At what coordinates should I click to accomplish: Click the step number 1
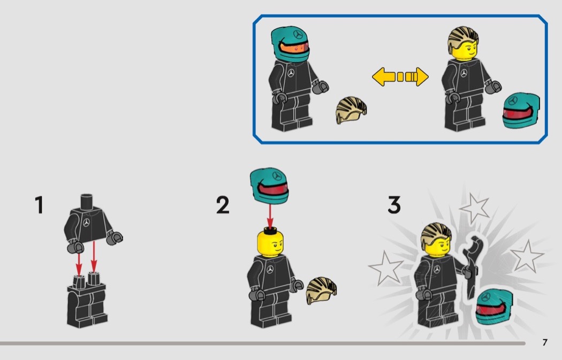tap(40, 205)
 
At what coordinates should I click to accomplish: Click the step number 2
tap(223, 205)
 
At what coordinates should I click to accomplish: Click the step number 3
tap(394, 205)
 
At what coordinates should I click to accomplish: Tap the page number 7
tap(545, 342)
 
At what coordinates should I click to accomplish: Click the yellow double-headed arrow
tap(400, 76)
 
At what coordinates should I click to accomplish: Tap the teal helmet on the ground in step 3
tap(494, 308)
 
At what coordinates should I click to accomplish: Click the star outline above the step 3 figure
tap(475, 208)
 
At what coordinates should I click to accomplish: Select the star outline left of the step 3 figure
tap(386, 268)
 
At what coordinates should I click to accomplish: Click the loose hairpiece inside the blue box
tap(351, 110)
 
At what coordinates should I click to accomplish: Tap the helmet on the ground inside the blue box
tap(521, 111)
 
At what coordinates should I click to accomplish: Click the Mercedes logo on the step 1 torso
tap(86, 223)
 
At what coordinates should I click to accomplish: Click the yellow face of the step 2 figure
tap(271, 243)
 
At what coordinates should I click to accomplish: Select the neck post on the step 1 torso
tap(86, 201)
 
